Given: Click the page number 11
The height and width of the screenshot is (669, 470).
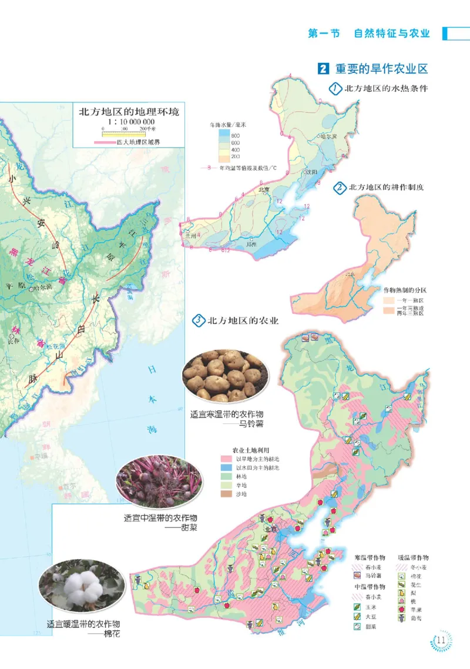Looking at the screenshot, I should pos(442,640).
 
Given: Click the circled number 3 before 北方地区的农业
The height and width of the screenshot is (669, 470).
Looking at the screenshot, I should pos(199,321).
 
